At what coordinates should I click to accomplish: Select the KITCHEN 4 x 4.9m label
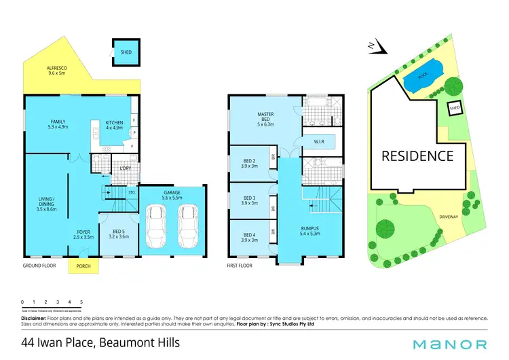click(114, 125)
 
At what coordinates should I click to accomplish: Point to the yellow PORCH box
click(83, 266)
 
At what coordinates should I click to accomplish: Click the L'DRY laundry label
click(126, 168)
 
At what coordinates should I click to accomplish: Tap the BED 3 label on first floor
click(250, 200)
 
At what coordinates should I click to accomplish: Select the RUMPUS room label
click(310, 230)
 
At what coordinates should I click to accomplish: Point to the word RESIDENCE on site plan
click(417, 156)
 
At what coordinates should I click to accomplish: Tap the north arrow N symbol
click(374, 46)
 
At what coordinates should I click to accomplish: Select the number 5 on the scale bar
click(81, 302)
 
